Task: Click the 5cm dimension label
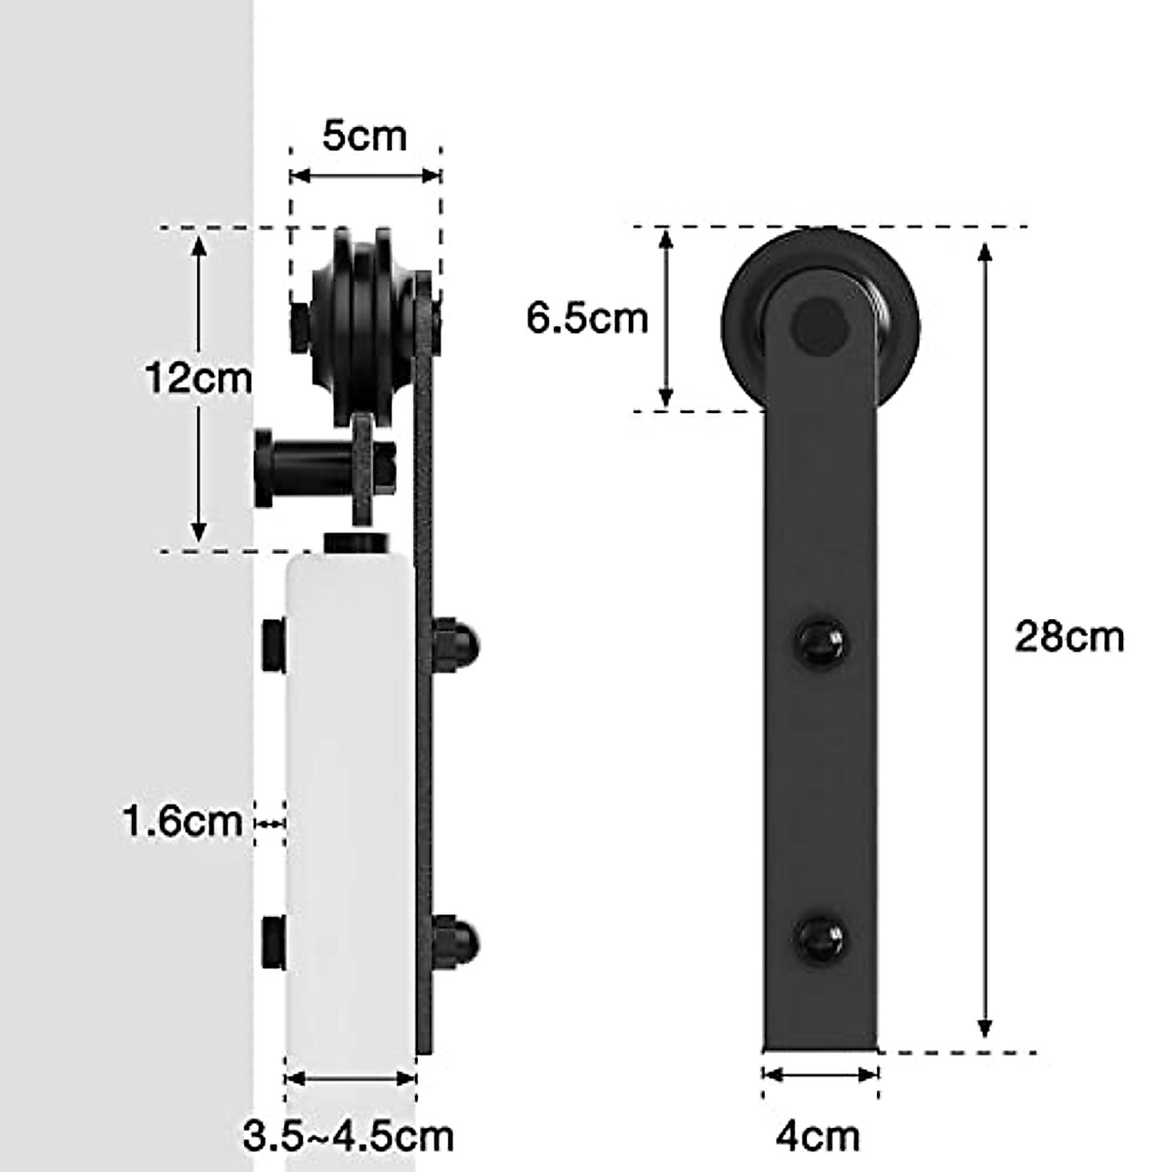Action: tap(363, 136)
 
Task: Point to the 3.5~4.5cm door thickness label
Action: tap(349, 1136)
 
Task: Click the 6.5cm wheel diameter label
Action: tap(587, 318)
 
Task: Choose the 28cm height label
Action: tap(1069, 637)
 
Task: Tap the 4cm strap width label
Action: tap(818, 1136)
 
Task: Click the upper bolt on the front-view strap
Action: tap(819, 642)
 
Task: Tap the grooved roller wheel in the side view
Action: tap(357, 322)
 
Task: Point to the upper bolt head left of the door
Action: tap(272, 645)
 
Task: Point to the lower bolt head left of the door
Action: tap(272, 942)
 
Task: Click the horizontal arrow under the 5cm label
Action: tap(365, 176)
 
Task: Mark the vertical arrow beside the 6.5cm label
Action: tap(666, 318)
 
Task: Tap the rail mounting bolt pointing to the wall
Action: tap(293, 466)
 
